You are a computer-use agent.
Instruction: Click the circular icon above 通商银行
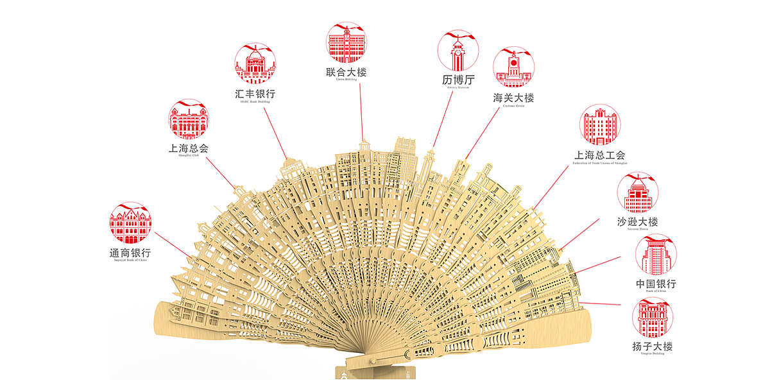pyautogui.click(x=130, y=223)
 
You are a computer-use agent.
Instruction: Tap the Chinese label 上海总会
pyautogui.click(x=189, y=148)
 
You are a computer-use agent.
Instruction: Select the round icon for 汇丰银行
pyautogui.click(x=255, y=64)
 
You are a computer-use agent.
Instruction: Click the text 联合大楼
pyautogui.click(x=346, y=73)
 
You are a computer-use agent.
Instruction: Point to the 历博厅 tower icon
pyautogui.click(x=458, y=50)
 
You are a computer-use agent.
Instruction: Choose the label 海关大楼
pyautogui.click(x=513, y=98)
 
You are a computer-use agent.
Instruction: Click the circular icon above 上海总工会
pyautogui.click(x=600, y=125)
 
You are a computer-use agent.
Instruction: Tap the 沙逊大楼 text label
pyautogui.click(x=638, y=222)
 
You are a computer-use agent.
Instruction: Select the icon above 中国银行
pyautogui.click(x=656, y=255)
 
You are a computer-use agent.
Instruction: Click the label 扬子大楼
pyautogui.click(x=653, y=347)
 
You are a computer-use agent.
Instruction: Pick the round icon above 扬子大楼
pyautogui.click(x=653, y=318)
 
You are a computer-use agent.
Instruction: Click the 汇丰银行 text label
pyautogui.click(x=255, y=94)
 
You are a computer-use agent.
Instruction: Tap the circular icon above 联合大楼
pyautogui.click(x=346, y=43)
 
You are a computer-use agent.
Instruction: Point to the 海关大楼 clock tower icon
pyautogui.click(x=513, y=67)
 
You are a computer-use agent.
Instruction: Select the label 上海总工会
pyautogui.click(x=599, y=155)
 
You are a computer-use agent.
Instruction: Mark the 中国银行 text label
pyautogui.click(x=656, y=284)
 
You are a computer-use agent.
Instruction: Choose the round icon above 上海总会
pyautogui.click(x=189, y=119)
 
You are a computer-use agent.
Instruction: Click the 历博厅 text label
pyautogui.click(x=458, y=80)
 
